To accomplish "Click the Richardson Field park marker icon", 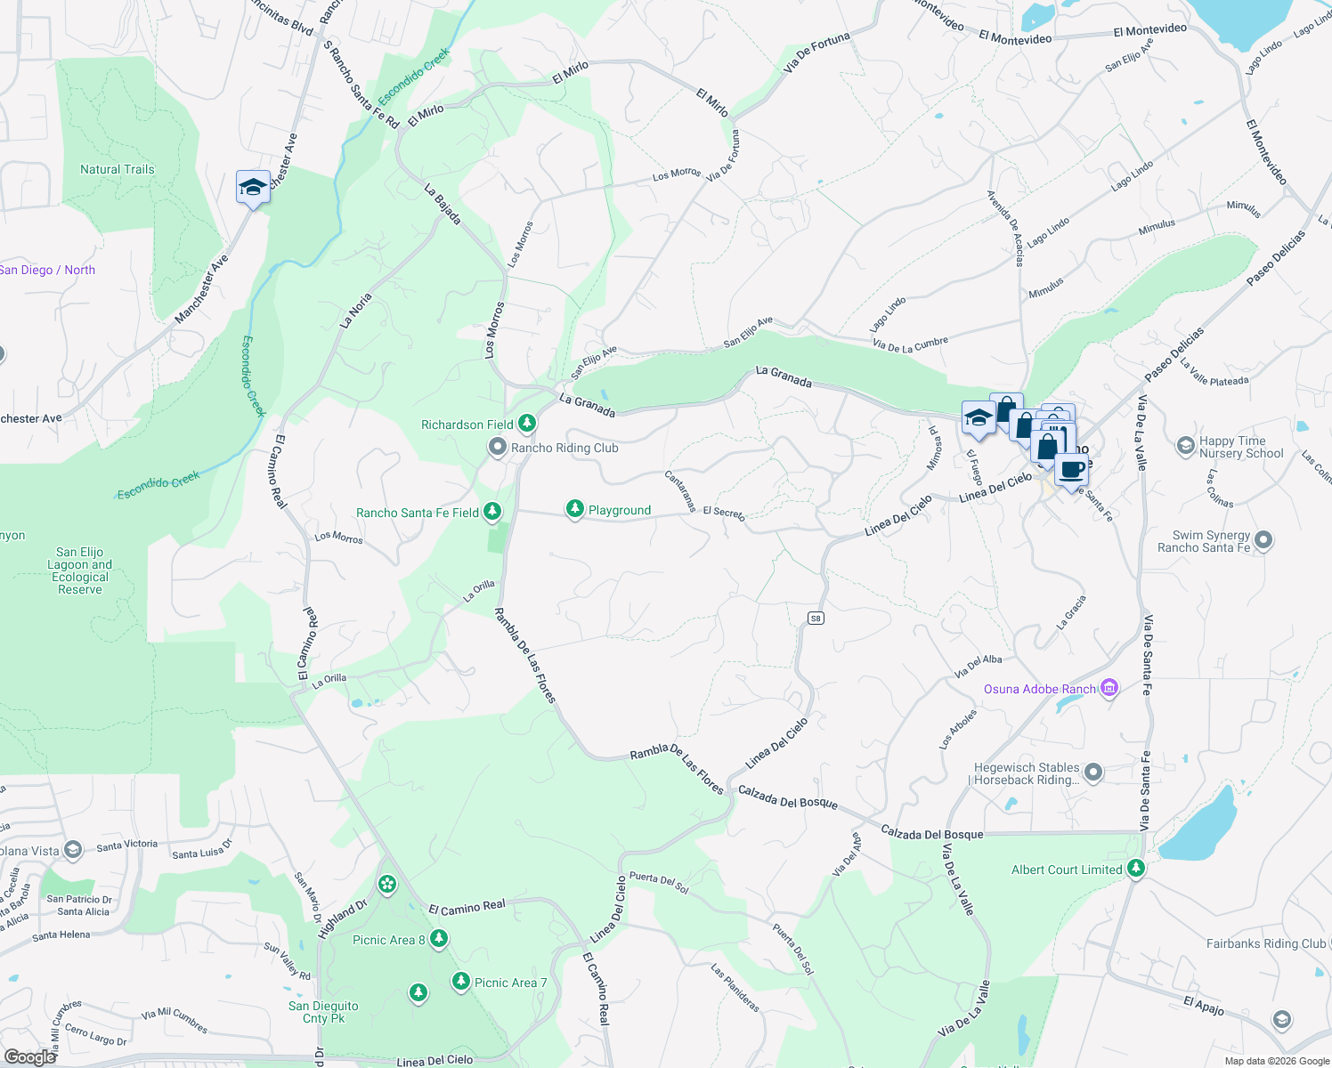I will click(527, 423).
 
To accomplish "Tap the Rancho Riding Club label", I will click(564, 449).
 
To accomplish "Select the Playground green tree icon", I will click(575, 509).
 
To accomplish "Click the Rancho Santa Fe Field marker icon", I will click(491, 512).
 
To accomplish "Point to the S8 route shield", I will click(816, 618).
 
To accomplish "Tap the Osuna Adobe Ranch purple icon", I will click(1109, 688).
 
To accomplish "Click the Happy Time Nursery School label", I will click(1241, 447).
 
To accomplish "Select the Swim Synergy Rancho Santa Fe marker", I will click(1263, 539).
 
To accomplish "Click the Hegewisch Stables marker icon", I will click(1093, 773).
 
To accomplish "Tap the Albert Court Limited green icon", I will click(1135, 868).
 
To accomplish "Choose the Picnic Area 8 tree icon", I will click(438, 938).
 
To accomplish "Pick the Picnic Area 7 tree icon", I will click(460, 981).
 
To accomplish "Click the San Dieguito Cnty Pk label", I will click(323, 1012).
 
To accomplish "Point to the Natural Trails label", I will click(118, 169).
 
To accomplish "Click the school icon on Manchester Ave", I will click(253, 188).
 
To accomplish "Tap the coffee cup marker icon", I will click(1072, 469).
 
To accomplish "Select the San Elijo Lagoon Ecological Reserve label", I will click(80, 570).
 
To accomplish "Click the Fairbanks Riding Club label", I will click(1265, 943).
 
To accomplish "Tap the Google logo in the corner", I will click(30, 1056).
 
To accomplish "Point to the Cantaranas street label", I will click(680, 491).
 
